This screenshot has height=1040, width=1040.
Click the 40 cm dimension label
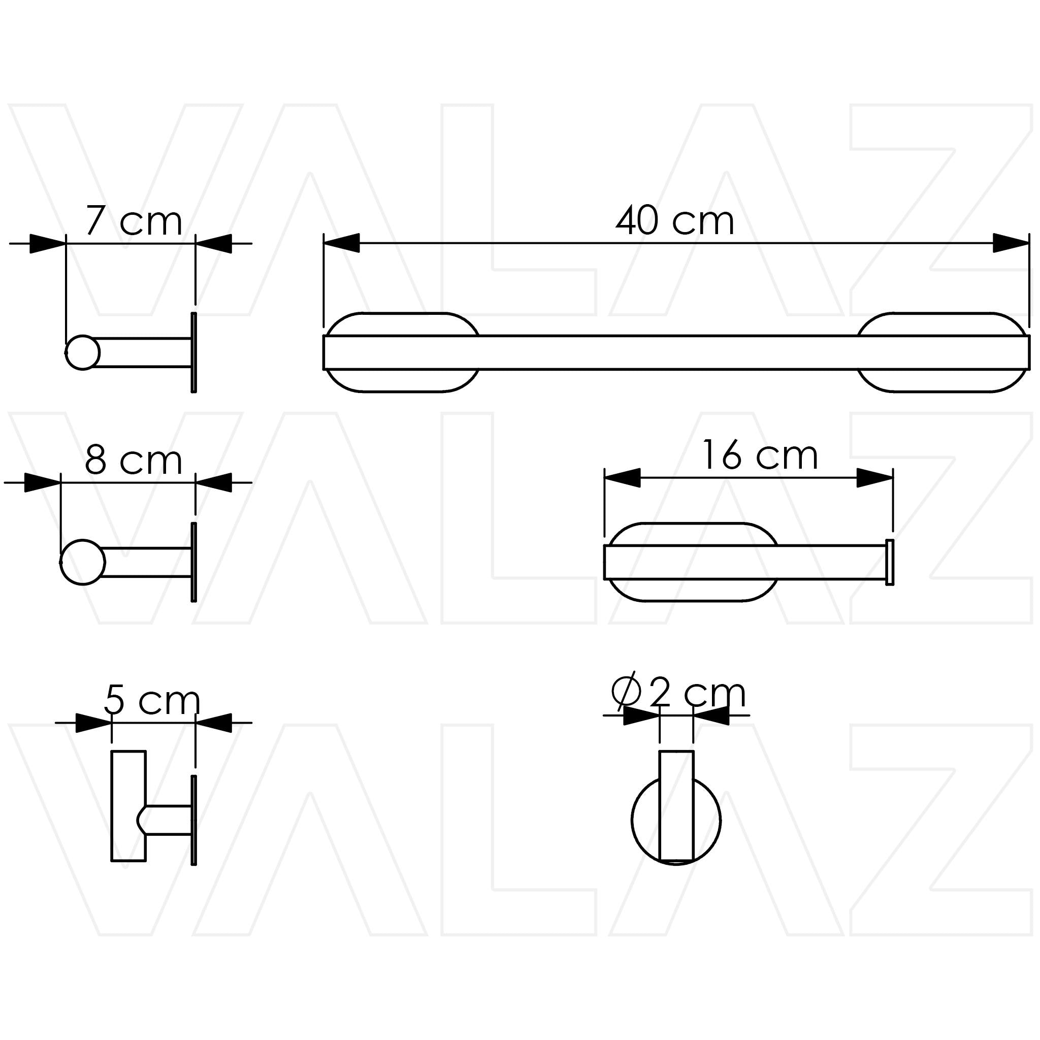(674, 221)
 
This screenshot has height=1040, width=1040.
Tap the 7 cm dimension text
(134, 221)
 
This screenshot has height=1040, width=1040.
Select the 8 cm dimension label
(134, 461)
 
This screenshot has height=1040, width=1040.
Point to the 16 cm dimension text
(760, 456)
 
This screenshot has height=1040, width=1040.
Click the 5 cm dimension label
(152, 700)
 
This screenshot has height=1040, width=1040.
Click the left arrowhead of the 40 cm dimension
(341, 243)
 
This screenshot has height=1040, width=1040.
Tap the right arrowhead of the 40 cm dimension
(1011, 243)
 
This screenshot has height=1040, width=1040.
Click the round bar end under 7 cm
(83, 352)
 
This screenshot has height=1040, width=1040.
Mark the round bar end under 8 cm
(82, 562)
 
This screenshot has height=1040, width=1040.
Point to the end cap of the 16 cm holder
(890, 562)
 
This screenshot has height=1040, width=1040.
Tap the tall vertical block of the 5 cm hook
(128, 806)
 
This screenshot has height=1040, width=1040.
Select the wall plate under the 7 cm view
(194, 352)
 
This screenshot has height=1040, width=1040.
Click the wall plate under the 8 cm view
(194, 562)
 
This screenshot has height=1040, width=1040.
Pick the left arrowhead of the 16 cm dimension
(622, 477)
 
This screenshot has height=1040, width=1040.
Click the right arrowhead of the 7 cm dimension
(214, 243)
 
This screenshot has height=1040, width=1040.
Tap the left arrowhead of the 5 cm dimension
(93, 723)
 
